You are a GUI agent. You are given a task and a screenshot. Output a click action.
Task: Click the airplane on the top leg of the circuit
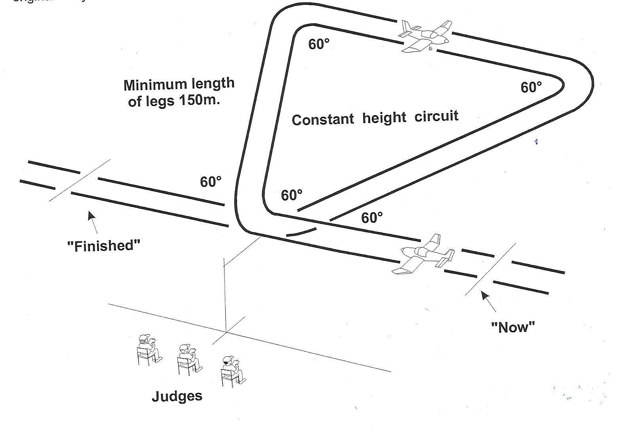[426, 36]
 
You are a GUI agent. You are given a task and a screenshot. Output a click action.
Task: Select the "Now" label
[513, 327]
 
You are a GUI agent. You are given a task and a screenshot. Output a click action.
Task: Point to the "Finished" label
[104, 246]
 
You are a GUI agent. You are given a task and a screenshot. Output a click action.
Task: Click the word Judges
[177, 396]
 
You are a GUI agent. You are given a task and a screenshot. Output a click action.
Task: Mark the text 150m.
[200, 100]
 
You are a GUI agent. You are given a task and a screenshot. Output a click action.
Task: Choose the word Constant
[323, 119]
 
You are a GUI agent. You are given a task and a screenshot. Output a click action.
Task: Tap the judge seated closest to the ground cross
[232, 371]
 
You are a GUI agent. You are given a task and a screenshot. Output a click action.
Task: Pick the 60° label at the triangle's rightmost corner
[531, 87]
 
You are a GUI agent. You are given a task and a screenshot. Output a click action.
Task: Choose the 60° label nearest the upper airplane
[319, 44]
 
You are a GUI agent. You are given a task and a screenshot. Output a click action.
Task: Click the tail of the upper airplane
[406, 30]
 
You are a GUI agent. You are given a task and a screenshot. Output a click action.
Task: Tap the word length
[213, 83]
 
